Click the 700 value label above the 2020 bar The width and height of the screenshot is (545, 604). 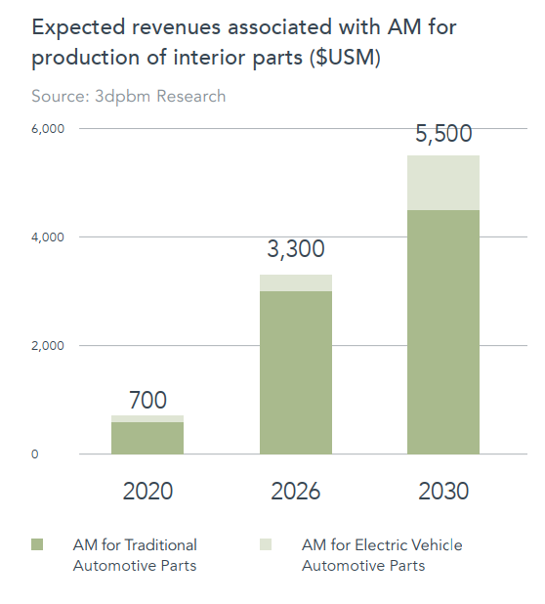pos(147,400)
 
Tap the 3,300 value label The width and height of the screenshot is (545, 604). pos(296,249)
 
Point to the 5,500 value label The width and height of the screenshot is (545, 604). pos(443,134)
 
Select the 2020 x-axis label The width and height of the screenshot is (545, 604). pos(147,492)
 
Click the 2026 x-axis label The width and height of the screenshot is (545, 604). pos(296,492)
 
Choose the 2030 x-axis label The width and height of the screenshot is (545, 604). pos(443,492)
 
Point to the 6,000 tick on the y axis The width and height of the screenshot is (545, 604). pos(48,129)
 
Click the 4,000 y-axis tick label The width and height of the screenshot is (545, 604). pos(48,237)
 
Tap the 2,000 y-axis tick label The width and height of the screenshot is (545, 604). pos(48,346)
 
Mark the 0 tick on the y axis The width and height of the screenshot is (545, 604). pos(34,454)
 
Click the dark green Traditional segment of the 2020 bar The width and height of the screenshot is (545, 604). pos(147,438)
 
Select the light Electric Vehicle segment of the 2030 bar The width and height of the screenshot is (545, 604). pos(443,183)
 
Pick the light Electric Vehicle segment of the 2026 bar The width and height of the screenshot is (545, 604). pos(296,282)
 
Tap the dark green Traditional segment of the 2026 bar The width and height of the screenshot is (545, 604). pos(296,372)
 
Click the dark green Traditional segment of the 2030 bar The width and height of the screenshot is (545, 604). pos(443,332)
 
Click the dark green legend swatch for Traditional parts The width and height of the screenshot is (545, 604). pos(37,544)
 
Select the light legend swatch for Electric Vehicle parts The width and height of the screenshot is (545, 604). pos(266,544)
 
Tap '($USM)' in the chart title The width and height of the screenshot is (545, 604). pos(345,58)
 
